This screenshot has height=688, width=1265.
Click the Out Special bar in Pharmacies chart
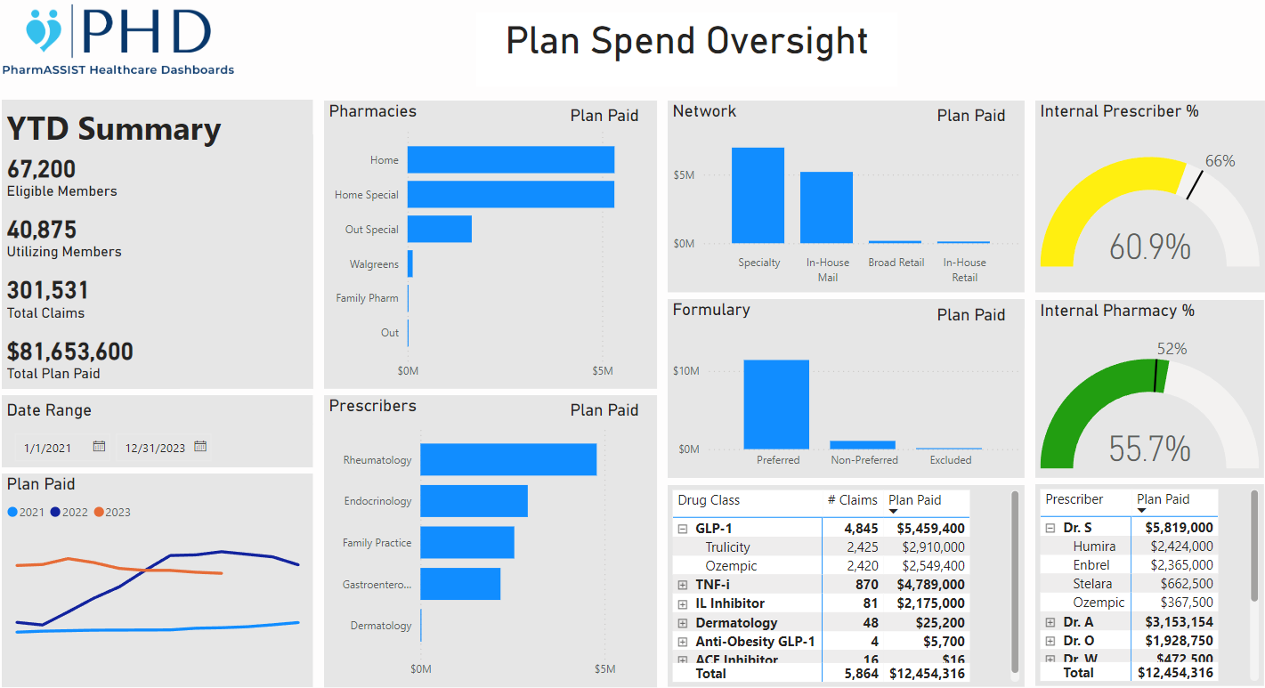pyautogui.click(x=439, y=229)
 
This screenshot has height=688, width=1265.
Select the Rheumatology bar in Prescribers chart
pyautogui.click(x=507, y=459)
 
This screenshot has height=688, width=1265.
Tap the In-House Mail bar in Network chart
pyautogui.click(x=826, y=207)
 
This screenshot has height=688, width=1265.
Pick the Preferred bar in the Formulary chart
pyautogui.click(x=776, y=404)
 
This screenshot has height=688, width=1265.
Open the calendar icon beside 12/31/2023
pyautogui.click(x=200, y=447)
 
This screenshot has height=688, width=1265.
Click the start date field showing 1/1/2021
pyautogui.click(x=48, y=448)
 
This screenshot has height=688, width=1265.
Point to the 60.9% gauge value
pyautogui.click(x=1149, y=247)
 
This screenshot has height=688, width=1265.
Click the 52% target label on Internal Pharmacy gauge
pyautogui.click(x=1172, y=349)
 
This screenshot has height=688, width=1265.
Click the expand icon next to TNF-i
pyautogui.click(x=683, y=585)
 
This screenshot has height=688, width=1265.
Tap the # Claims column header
pyautogui.click(x=852, y=500)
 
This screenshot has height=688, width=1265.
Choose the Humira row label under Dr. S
pyautogui.click(x=1093, y=546)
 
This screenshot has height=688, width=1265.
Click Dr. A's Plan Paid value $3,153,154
pyautogui.click(x=1174, y=622)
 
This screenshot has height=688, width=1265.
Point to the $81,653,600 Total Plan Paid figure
pyautogui.click(x=70, y=352)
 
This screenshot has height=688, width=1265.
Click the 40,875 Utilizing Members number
pyautogui.click(x=42, y=230)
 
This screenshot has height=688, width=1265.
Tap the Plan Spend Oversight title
pyautogui.click(x=686, y=41)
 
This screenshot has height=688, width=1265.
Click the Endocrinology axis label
pyautogui.click(x=377, y=501)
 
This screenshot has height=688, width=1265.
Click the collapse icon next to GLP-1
pyautogui.click(x=683, y=529)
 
